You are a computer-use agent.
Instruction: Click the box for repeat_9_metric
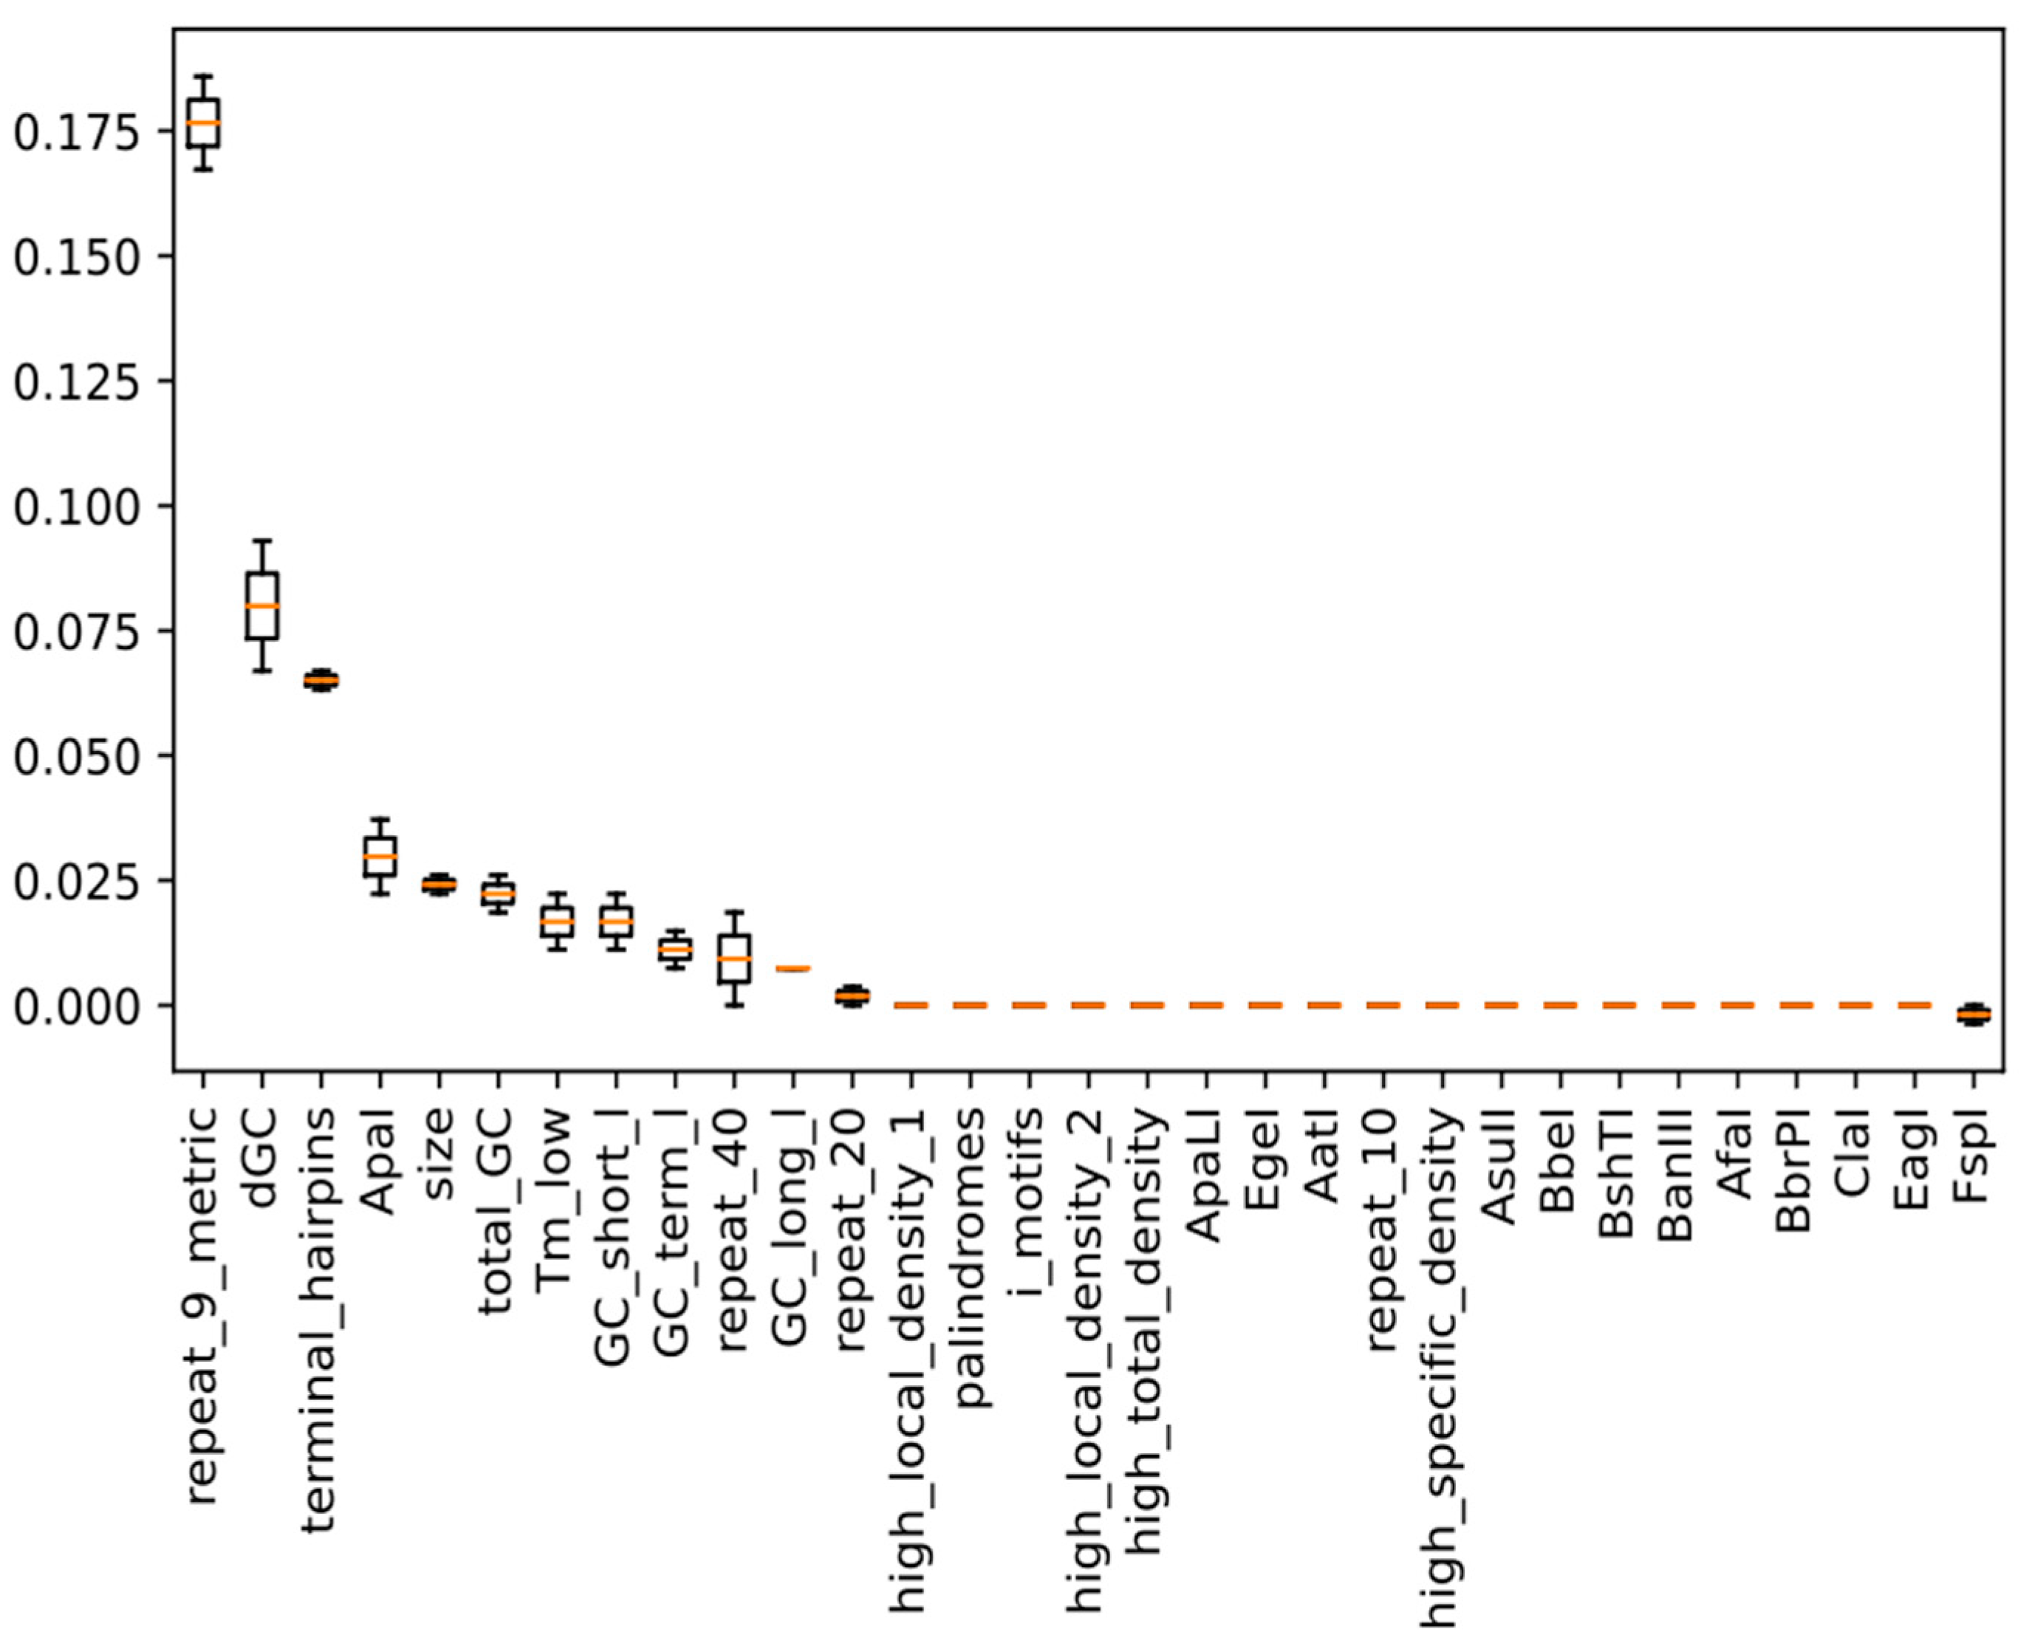[x=203, y=123]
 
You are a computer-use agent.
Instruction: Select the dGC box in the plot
[x=261, y=606]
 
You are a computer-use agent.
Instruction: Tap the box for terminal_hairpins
[x=321, y=680]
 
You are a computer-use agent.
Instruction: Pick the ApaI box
[x=380, y=856]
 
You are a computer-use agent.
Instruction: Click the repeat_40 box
[x=734, y=959]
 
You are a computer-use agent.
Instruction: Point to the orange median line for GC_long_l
[x=793, y=968]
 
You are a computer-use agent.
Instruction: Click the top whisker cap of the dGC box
[x=261, y=541]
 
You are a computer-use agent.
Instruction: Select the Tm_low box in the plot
[x=556, y=921]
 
